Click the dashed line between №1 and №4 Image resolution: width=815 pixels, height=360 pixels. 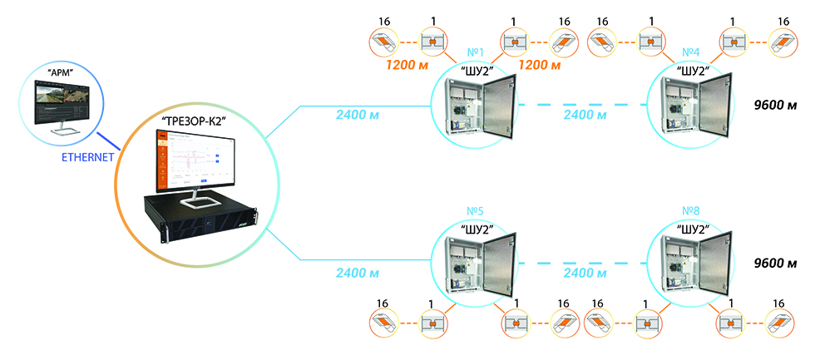[x=582, y=106]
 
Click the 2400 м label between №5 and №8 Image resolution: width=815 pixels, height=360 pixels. [x=584, y=273]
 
